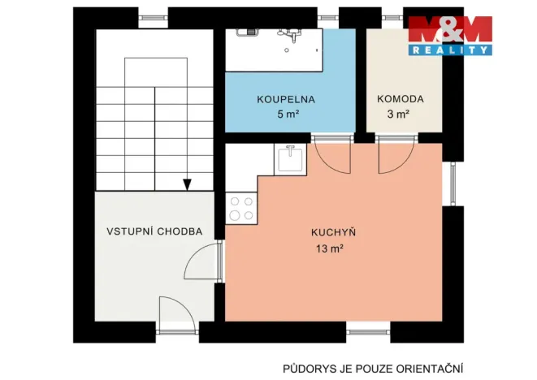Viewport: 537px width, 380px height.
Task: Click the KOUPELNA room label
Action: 285,100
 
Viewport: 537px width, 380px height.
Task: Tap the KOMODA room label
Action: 400,100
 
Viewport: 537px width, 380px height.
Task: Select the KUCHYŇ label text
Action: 334,232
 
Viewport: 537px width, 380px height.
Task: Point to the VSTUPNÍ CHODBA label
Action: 154,231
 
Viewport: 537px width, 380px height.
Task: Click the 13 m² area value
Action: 329,249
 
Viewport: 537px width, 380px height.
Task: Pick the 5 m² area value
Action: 287,114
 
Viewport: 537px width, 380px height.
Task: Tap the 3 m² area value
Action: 397,114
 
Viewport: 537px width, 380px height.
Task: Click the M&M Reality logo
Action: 450,34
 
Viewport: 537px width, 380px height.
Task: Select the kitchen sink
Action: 289,158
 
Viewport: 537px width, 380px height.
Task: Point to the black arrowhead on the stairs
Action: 187,185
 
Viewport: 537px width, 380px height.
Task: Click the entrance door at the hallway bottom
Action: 176,315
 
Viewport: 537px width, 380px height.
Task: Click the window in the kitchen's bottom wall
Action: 368,330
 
